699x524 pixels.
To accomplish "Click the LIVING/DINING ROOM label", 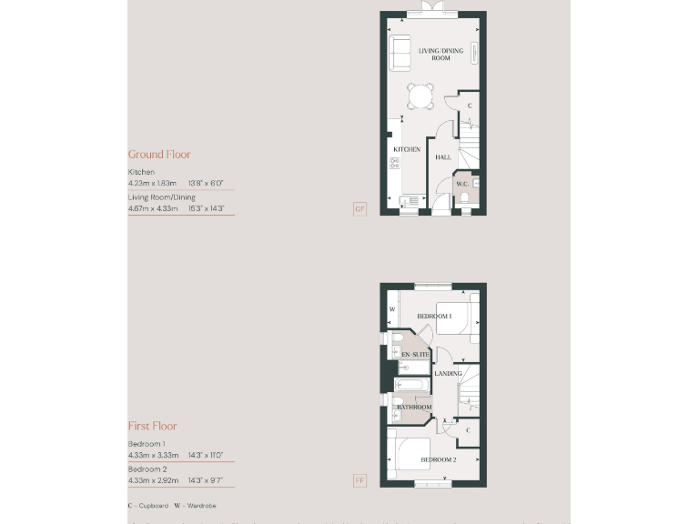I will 441,55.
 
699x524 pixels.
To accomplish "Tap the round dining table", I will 420,95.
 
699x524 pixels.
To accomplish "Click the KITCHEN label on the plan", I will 407,149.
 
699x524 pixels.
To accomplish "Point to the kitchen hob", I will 395,163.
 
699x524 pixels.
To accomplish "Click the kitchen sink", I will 409,199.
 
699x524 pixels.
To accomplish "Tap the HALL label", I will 443,157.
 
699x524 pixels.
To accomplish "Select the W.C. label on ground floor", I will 461,185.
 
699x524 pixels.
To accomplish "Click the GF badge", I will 360,209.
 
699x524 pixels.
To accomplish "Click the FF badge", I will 360,480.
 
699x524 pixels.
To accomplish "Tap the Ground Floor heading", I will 159,155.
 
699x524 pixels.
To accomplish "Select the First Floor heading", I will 152,426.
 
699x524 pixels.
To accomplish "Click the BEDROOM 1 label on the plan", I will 434,317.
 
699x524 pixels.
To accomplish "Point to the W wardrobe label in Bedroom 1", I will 391,308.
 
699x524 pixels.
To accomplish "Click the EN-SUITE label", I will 416,354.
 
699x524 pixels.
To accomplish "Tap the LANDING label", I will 448,373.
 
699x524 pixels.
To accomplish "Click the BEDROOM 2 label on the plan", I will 438,460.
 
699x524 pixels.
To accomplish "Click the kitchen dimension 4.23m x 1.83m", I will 153,183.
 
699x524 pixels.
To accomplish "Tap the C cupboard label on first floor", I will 468,430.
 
